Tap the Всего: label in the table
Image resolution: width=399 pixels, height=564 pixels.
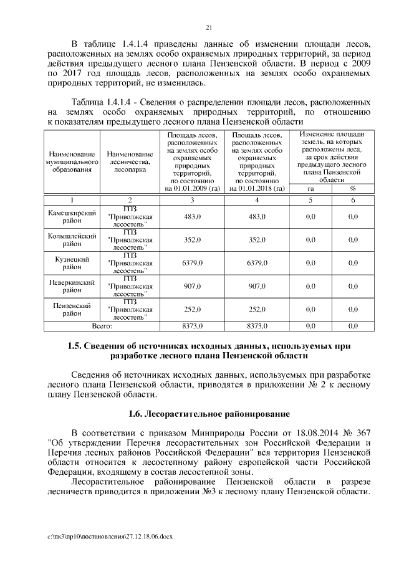[102, 326]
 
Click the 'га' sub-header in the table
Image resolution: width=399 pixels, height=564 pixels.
[310, 188]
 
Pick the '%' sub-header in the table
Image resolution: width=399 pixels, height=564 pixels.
[353, 188]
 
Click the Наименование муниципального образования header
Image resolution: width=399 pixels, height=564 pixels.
[74, 161]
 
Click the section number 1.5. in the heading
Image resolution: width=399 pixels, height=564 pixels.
[76, 344]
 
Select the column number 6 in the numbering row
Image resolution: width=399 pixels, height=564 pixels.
[353, 199]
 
